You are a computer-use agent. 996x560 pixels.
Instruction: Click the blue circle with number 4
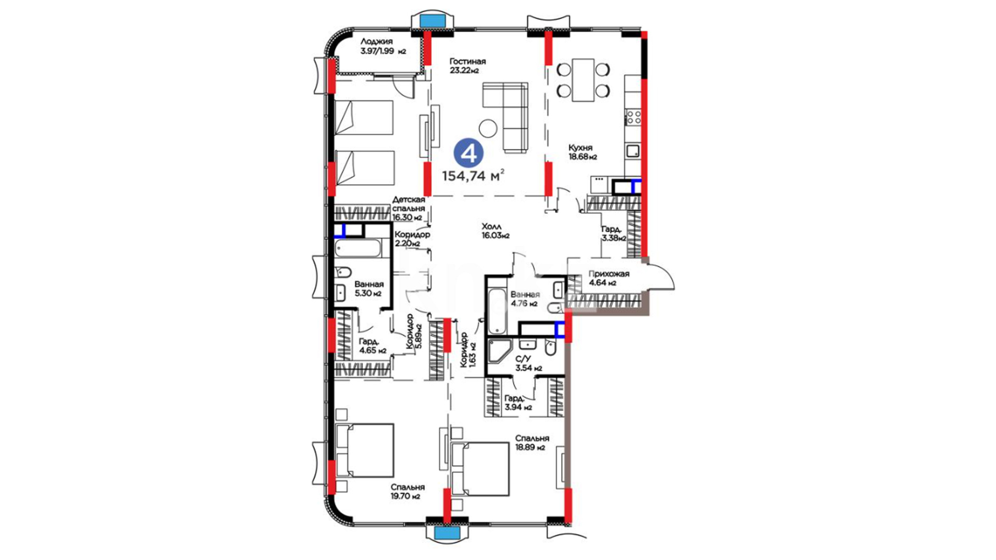point(469,153)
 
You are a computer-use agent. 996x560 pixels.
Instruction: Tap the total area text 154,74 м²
point(473,176)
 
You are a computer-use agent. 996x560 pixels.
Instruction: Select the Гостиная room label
point(467,62)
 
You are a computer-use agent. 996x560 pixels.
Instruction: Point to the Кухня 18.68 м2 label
point(582,152)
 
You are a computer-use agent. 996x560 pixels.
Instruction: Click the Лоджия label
point(377,41)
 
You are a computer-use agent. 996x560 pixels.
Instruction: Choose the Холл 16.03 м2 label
point(495,231)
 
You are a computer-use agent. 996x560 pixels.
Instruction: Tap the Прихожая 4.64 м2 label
point(608,278)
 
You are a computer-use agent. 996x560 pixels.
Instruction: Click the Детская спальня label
point(408,204)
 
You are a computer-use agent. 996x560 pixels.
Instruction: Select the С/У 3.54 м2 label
point(528,363)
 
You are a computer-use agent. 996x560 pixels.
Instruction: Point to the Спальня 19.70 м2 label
point(407,492)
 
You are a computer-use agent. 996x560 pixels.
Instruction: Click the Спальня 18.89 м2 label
point(531,443)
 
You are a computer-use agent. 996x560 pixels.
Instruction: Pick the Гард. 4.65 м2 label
point(372,346)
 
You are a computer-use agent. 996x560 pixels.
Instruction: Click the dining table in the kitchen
point(583,80)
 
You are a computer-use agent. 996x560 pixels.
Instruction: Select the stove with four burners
point(633,117)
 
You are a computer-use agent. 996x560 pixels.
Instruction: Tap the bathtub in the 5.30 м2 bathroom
point(359,249)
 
